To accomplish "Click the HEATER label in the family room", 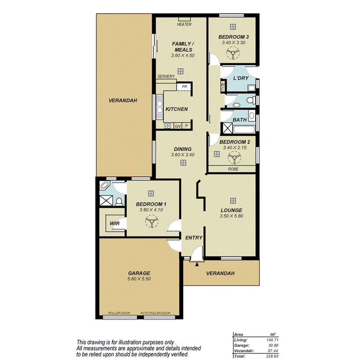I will click(x=184, y=24).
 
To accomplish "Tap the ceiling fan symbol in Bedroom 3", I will click(x=233, y=53).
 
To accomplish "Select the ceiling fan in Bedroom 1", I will click(x=151, y=221).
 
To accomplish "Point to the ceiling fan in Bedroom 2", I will click(x=233, y=158).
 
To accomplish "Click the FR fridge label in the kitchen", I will click(x=185, y=87).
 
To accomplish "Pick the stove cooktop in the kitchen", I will click(x=167, y=126).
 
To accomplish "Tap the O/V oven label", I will click(x=178, y=126).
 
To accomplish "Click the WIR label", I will click(x=114, y=224).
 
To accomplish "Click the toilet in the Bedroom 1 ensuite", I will click(x=120, y=201).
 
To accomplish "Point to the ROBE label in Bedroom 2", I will click(x=233, y=169).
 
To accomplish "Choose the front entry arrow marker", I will click(x=197, y=264).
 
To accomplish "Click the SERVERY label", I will click(x=166, y=76).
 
